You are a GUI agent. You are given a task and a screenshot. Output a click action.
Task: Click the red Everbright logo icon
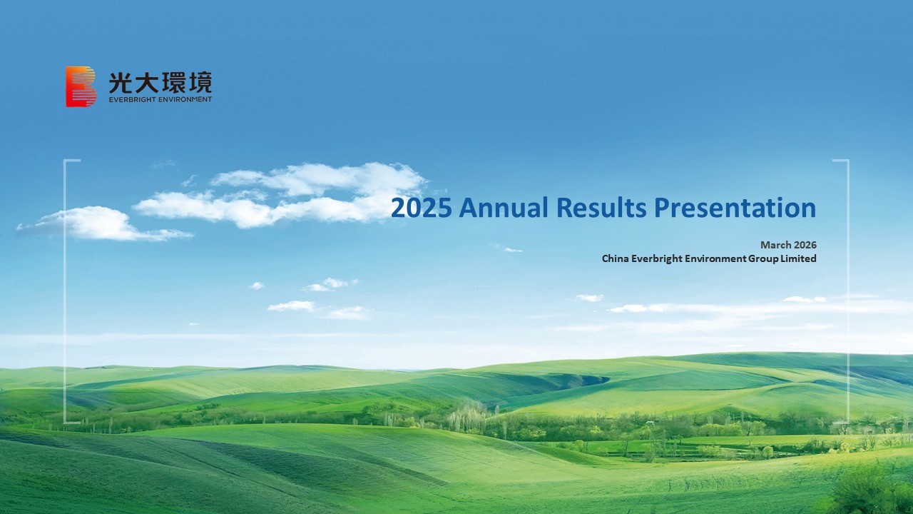pyautogui.click(x=81, y=86)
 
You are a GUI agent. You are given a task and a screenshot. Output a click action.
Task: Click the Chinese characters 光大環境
pyautogui.click(x=160, y=82)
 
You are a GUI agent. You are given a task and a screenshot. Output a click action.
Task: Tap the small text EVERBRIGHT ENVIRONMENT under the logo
pyautogui.click(x=160, y=100)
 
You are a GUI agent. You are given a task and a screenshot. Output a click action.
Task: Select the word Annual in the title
pyautogui.click(x=503, y=208)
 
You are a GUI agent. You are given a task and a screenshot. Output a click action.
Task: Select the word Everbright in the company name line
pyautogui.click(x=657, y=258)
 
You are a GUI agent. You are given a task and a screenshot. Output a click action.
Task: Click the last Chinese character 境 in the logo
pyautogui.click(x=200, y=82)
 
